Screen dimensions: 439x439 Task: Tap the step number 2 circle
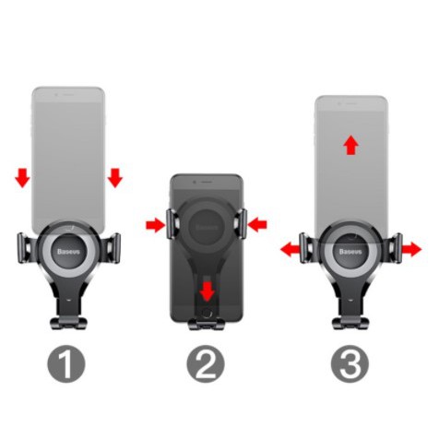pos(207,366)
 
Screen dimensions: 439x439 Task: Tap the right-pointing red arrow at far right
pos(410,248)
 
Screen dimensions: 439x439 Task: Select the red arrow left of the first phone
pos(22,176)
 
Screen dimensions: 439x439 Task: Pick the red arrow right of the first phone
pos(114,176)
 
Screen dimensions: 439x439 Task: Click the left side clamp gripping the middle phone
pos(172,224)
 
